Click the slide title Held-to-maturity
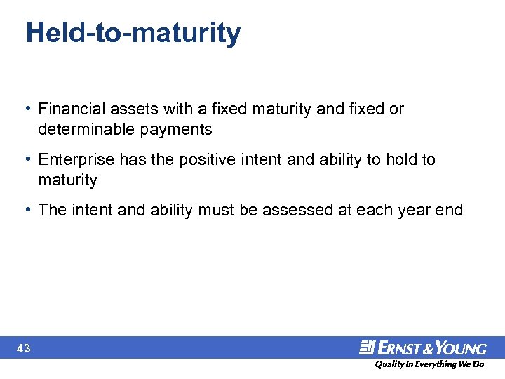133,33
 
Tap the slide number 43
24,348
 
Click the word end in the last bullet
450,211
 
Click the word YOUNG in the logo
461,348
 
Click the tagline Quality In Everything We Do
429,365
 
